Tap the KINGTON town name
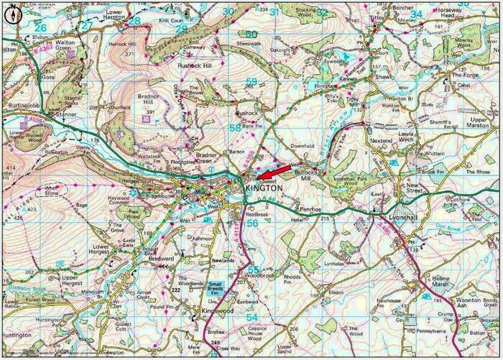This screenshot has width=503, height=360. click(264, 188)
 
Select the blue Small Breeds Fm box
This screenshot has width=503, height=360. click(215, 290)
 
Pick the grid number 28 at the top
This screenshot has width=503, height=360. click(134, 22)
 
